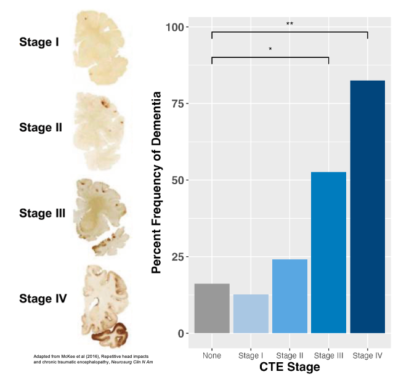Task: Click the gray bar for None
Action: click(212, 309)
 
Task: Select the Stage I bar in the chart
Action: click(251, 314)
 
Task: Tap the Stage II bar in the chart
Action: click(290, 296)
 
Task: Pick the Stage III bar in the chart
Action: click(328, 253)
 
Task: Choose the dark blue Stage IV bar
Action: click(368, 207)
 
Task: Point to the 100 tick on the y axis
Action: click(177, 27)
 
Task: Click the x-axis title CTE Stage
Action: click(289, 368)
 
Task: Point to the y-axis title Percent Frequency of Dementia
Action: click(157, 182)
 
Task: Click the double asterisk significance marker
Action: click(290, 24)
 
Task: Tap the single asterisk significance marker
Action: click(270, 49)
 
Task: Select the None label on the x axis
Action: click(212, 355)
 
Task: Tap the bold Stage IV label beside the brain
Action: click(43, 299)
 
